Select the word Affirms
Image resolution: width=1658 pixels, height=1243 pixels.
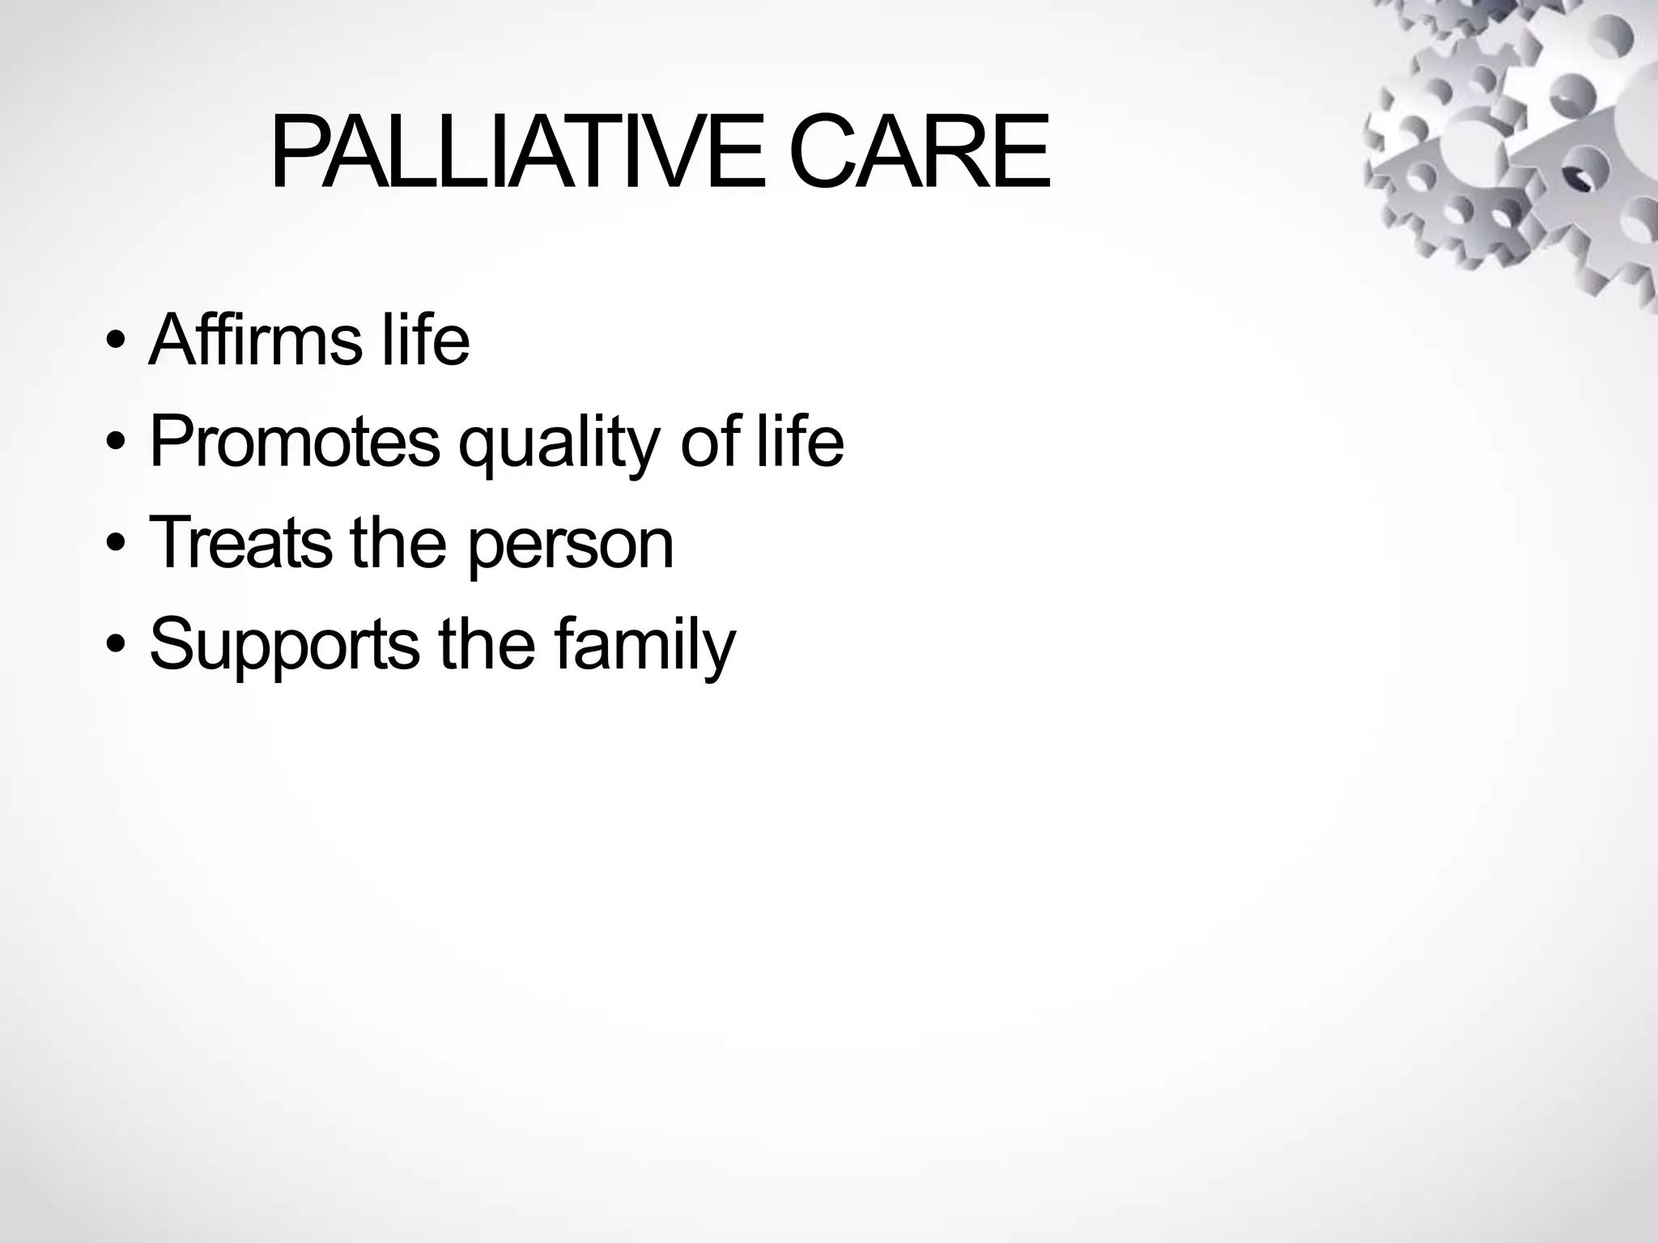(255, 340)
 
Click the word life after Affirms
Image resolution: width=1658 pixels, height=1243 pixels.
(425, 340)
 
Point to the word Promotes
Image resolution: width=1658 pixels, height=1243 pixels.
(295, 442)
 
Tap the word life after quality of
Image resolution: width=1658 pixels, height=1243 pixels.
(800, 442)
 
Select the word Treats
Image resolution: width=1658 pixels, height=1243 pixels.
(240, 543)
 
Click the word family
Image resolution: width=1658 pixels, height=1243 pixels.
(645, 646)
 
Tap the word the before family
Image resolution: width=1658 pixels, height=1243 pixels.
(487, 644)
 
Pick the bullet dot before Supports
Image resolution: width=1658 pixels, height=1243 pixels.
(115, 644)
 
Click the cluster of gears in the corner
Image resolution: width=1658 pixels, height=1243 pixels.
(1514, 138)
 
